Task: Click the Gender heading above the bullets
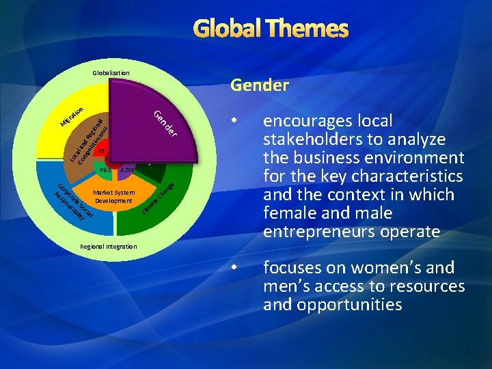point(259,85)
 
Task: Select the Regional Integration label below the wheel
point(109,246)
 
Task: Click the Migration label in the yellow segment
point(71,116)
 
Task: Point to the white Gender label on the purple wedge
point(167,123)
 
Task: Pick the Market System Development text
point(113,197)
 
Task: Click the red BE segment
point(102,152)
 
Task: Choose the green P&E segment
point(105,169)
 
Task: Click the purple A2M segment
point(126,169)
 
